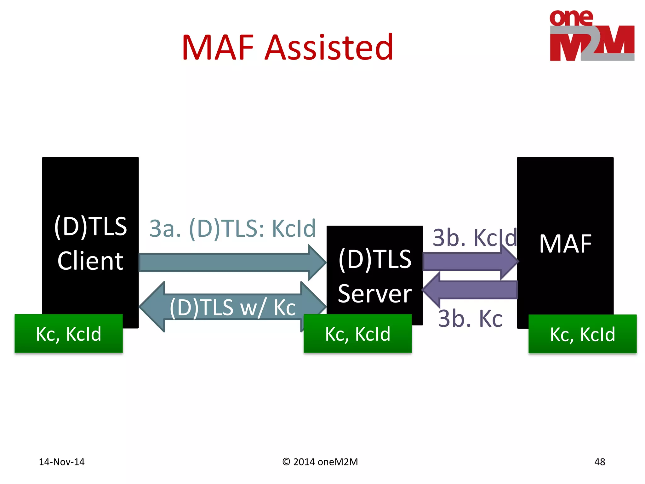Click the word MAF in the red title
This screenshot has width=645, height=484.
(x=218, y=48)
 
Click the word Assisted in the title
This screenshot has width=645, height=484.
(x=329, y=48)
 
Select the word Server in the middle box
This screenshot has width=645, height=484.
(x=374, y=294)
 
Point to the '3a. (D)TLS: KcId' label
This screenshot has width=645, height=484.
(x=232, y=228)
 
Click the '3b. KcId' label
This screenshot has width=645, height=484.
(x=474, y=238)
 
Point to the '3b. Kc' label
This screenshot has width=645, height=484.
(x=470, y=319)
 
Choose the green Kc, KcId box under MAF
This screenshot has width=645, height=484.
(x=582, y=334)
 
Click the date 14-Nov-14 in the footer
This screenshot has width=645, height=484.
(x=62, y=462)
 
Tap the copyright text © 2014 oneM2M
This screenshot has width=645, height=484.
(x=320, y=462)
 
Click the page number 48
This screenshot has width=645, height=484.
(x=599, y=462)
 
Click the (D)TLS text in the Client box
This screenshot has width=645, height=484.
(x=90, y=226)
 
